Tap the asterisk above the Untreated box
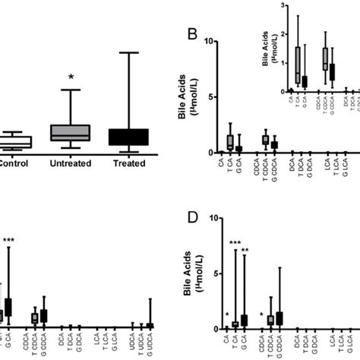pos(71,77)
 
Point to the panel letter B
pos(194,34)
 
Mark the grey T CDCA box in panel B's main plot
pos(265,140)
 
